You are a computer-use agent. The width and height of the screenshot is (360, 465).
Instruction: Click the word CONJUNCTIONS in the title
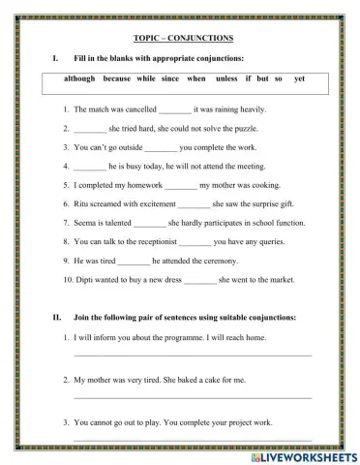[x=204, y=38]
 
